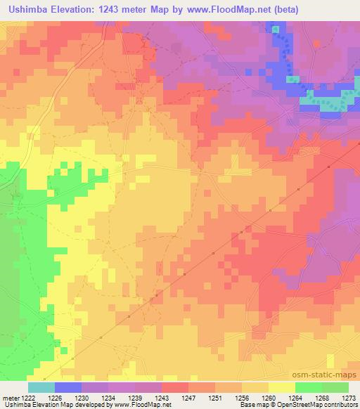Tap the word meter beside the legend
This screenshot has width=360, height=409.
[10, 398]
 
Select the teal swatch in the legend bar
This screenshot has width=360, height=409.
[41, 387]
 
